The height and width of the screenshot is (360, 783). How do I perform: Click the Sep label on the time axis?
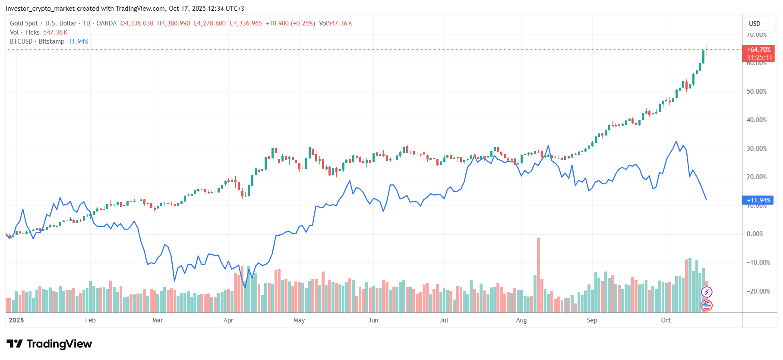(x=592, y=320)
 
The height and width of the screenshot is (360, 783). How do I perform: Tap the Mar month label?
(x=158, y=320)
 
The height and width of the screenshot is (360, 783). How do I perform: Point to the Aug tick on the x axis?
(x=521, y=320)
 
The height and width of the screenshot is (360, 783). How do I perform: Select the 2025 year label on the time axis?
(x=16, y=320)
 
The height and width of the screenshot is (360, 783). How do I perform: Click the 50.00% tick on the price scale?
(x=757, y=92)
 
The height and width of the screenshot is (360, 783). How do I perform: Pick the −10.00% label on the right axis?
(x=758, y=262)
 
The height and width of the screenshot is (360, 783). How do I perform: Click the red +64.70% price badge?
(x=758, y=50)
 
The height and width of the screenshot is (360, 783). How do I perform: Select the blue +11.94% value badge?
(x=758, y=200)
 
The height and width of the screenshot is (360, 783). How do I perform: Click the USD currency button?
(x=755, y=24)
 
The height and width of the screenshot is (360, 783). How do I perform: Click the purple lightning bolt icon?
(x=707, y=292)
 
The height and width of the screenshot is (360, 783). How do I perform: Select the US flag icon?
(x=707, y=306)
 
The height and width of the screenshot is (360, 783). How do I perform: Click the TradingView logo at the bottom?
(x=50, y=344)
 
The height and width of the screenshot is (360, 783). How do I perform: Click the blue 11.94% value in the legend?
(x=78, y=41)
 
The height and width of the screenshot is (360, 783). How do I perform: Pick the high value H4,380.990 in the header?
(x=174, y=23)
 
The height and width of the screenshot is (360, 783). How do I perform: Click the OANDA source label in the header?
(x=106, y=23)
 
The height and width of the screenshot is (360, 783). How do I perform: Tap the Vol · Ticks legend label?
(x=25, y=32)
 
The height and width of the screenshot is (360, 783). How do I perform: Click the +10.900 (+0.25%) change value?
(x=290, y=23)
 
